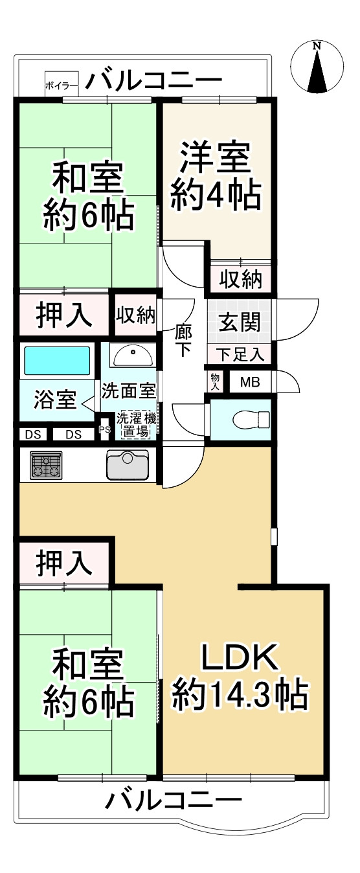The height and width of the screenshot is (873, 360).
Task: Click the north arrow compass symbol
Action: (x=317, y=67)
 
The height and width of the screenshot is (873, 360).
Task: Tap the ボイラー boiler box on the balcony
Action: (x=62, y=84)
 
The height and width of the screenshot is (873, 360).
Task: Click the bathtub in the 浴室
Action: (x=57, y=361)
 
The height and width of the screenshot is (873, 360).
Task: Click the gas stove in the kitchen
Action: (x=46, y=465)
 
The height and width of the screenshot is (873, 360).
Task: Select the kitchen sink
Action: (x=128, y=464)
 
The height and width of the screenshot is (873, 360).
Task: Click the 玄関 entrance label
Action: (x=240, y=322)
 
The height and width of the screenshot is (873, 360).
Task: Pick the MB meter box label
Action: (x=250, y=382)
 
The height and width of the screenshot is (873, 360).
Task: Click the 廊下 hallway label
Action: (x=183, y=341)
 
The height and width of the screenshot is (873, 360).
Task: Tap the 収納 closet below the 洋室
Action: (x=240, y=280)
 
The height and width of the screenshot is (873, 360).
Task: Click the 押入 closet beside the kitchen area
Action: (x=63, y=563)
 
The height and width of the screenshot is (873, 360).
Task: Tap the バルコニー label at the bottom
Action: (x=173, y=802)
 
